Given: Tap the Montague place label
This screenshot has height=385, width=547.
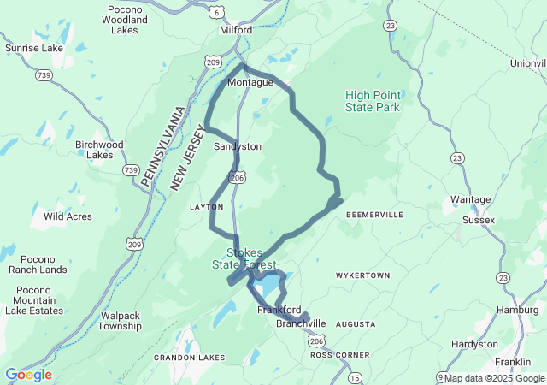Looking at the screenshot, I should coord(250,82).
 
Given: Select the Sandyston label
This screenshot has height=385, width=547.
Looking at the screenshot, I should coord(238,146).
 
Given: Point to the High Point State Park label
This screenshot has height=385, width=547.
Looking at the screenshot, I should coord(373,101).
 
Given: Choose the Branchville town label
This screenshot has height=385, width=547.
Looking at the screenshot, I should coord(301,323).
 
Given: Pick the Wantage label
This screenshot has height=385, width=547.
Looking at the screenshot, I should coord(470,199).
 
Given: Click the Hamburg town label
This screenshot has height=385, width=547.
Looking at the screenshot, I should coord(516,310).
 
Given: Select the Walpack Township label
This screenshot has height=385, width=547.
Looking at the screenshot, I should coord(120,320).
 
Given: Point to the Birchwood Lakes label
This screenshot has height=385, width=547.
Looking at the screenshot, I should coord(100,150).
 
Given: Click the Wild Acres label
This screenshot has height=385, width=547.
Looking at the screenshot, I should coord(68,216).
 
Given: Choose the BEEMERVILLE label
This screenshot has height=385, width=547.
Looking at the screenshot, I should coord(374,215).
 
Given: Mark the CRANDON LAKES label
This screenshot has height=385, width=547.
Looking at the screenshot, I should coord(190,357).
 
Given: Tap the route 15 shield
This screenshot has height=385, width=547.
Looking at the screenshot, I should coord(355,377).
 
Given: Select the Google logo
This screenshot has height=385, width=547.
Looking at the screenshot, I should coord(28,375).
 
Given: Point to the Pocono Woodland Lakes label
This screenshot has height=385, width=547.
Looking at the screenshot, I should coord(125,19).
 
